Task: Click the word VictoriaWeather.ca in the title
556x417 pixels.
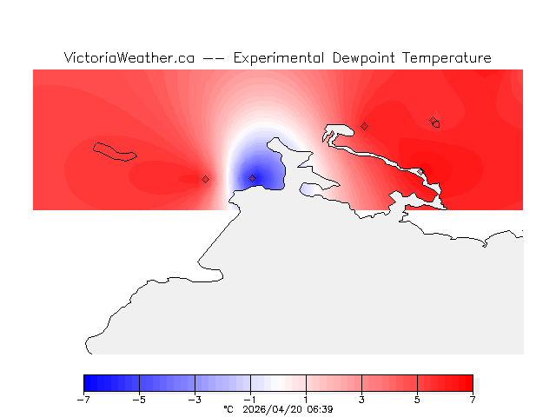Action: tap(129, 58)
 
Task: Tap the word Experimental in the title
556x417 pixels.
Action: tap(279, 58)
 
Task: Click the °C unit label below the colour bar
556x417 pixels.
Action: tap(228, 408)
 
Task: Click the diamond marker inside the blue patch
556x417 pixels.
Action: tap(253, 178)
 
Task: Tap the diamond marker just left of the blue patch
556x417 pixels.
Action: tap(205, 179)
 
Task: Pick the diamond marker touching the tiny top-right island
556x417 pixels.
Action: tap(434, 120)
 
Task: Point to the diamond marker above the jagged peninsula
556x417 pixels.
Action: tap(364, 126)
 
